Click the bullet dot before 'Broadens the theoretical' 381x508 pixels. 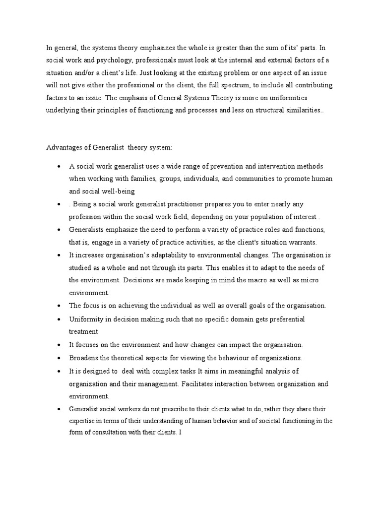tap(59, 358)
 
